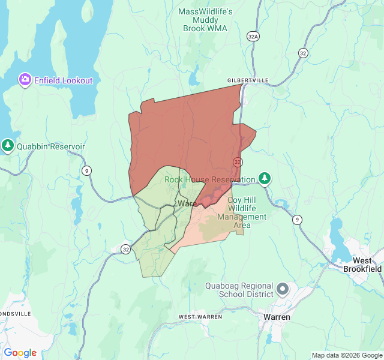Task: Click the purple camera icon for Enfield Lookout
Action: click(25, 80)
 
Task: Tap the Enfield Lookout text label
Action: click(63, 80)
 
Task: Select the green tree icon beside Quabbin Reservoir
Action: click(8, 146)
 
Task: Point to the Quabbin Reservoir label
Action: click(51, 146)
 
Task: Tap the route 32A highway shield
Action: click(253, 37)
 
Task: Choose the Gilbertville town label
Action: click(248, 80)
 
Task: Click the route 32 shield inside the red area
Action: click(238, 163)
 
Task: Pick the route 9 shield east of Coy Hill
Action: click(298, 220)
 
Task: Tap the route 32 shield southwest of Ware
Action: click(125, 249)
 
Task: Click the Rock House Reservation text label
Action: click(210, 179)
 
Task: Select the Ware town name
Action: click(187, 204)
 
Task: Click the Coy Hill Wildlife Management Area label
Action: click(230, 212)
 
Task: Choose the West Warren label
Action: click(200, 316)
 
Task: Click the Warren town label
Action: click(277, 317)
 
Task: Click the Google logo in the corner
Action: click(20, 353)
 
